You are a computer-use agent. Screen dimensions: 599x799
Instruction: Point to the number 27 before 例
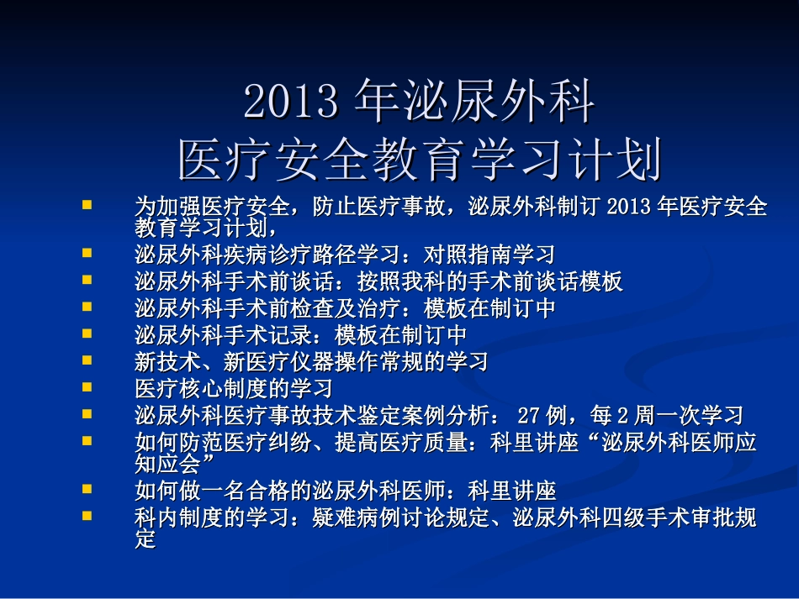(x=528, y=415)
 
